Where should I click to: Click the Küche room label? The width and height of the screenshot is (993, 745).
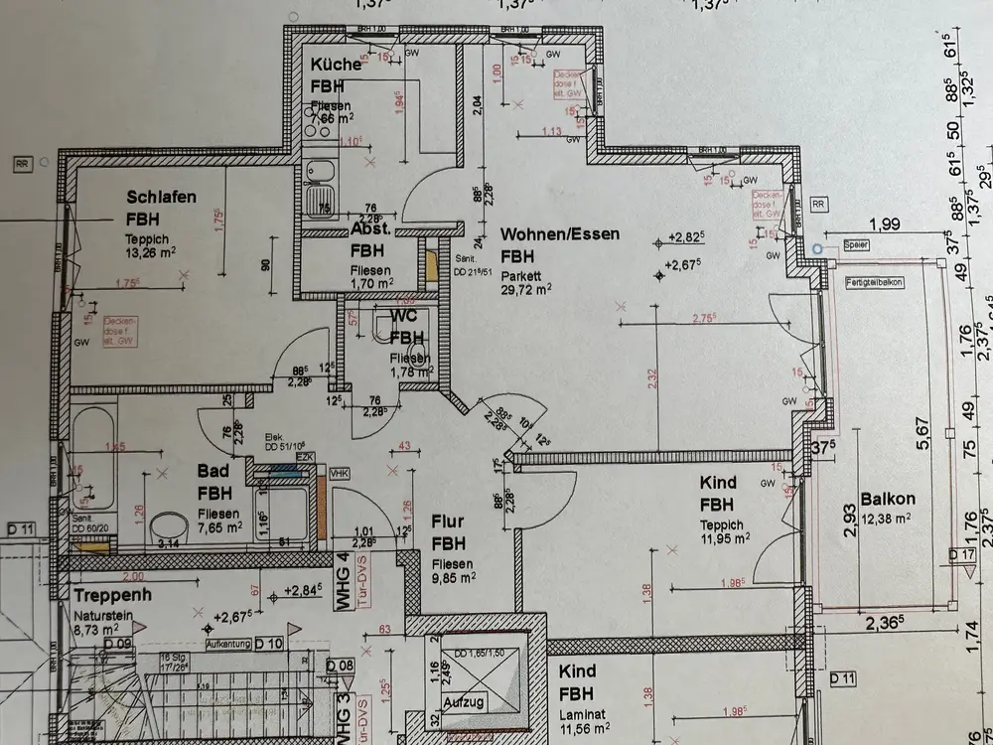tap(334, 65)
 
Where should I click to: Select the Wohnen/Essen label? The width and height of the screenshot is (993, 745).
tap(560, 235)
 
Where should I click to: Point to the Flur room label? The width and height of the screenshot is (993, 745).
tap(449, 520)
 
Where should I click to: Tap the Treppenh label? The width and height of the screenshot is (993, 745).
tap(112, 595)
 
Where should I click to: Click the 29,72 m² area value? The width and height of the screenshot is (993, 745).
tap(526, 290)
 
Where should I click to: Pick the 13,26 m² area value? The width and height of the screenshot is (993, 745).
tap(150, 250)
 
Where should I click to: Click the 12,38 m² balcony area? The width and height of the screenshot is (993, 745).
tap(888, 517)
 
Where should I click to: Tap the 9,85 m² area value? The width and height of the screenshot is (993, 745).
tap(456, 574)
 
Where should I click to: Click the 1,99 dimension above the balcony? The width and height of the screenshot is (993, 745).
tap(884, 224)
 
